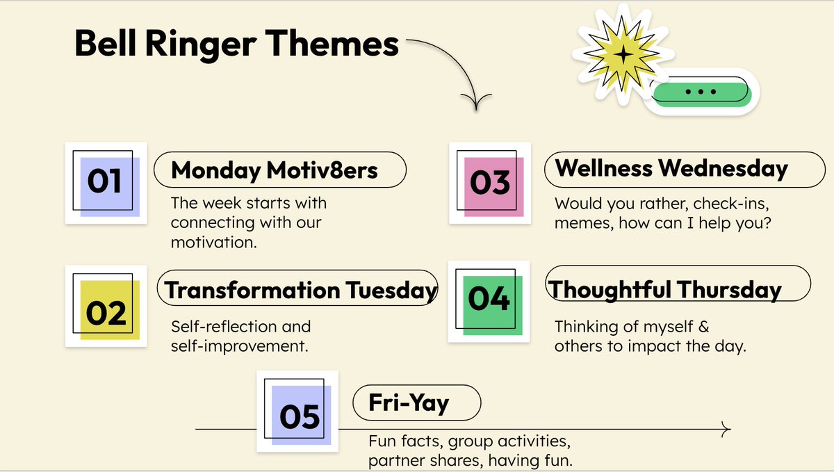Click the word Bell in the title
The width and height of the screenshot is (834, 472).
tap(104, 44)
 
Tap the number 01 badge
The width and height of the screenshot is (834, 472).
tap(106, 183)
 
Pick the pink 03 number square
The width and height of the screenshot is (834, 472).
tap(490, 184)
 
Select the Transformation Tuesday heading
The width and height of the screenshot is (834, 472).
tap(301, 290)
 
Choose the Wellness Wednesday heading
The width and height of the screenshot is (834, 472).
tap(671, 169)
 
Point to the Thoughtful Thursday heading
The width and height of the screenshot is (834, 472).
tap(666, 289)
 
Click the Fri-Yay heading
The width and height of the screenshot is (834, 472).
tap(409, 402)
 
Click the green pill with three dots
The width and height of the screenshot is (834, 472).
tap(701, 92)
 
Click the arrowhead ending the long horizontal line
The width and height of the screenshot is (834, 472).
tap(727, 430)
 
